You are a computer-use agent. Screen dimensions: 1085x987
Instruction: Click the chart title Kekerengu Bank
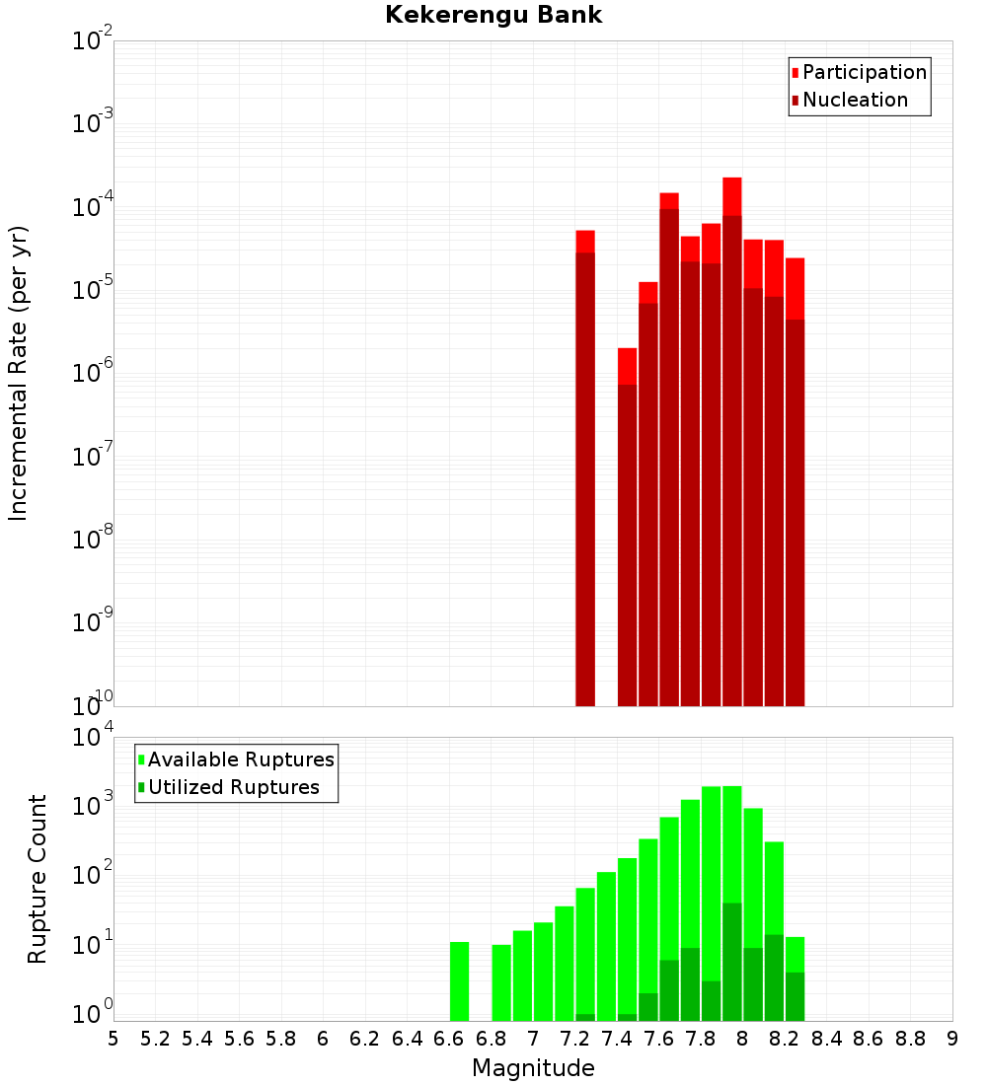(493, 16)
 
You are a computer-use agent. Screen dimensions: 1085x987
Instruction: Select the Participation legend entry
(864, 73)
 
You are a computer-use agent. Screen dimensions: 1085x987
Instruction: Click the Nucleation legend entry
(854, 101)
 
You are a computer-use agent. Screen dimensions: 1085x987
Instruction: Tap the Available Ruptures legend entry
(240, 759)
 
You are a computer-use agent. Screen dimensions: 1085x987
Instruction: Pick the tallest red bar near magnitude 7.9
(732, 444)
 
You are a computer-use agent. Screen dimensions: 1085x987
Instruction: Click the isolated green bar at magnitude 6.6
(459, 981)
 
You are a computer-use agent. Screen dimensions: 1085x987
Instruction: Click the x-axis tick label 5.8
(281, 1039)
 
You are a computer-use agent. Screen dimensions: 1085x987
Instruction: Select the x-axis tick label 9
(952, 1039)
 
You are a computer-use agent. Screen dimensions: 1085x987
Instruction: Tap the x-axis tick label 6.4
(407, 1039)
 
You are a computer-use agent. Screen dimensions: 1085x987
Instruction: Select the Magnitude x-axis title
(533, 1068)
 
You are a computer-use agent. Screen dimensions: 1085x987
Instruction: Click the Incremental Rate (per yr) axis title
(20, 373)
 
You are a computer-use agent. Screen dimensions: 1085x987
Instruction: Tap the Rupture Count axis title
(38, 879)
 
